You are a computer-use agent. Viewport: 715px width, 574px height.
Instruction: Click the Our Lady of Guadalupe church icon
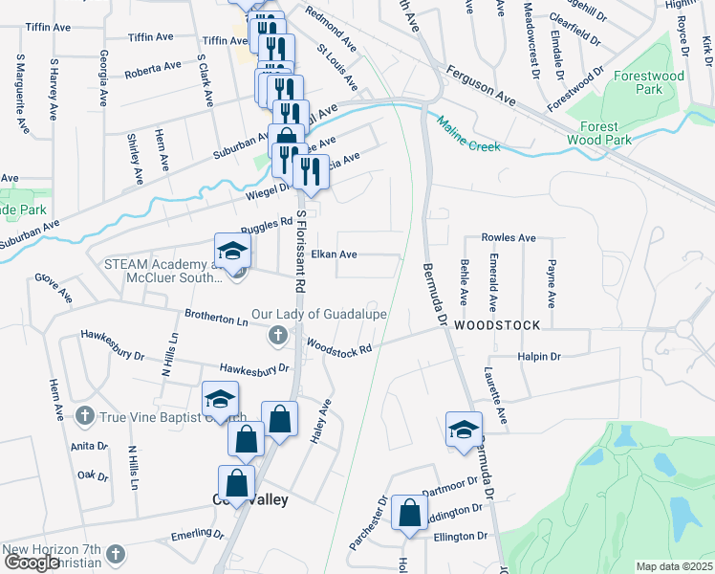[277, 334]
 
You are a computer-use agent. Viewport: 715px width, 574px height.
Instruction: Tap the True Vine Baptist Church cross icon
[84, 416]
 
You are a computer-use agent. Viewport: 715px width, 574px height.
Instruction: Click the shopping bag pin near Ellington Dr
[409, 511]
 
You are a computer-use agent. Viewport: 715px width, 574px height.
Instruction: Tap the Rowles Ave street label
[509, 237]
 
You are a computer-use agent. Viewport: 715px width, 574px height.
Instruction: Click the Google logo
[32, 563]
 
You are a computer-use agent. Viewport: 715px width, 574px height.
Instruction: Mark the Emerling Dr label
[196, 534]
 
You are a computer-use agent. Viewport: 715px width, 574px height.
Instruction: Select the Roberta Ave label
[153, 68]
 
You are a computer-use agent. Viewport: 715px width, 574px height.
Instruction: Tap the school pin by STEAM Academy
[231, 252]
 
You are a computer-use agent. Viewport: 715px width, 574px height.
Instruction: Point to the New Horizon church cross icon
[115, 555]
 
